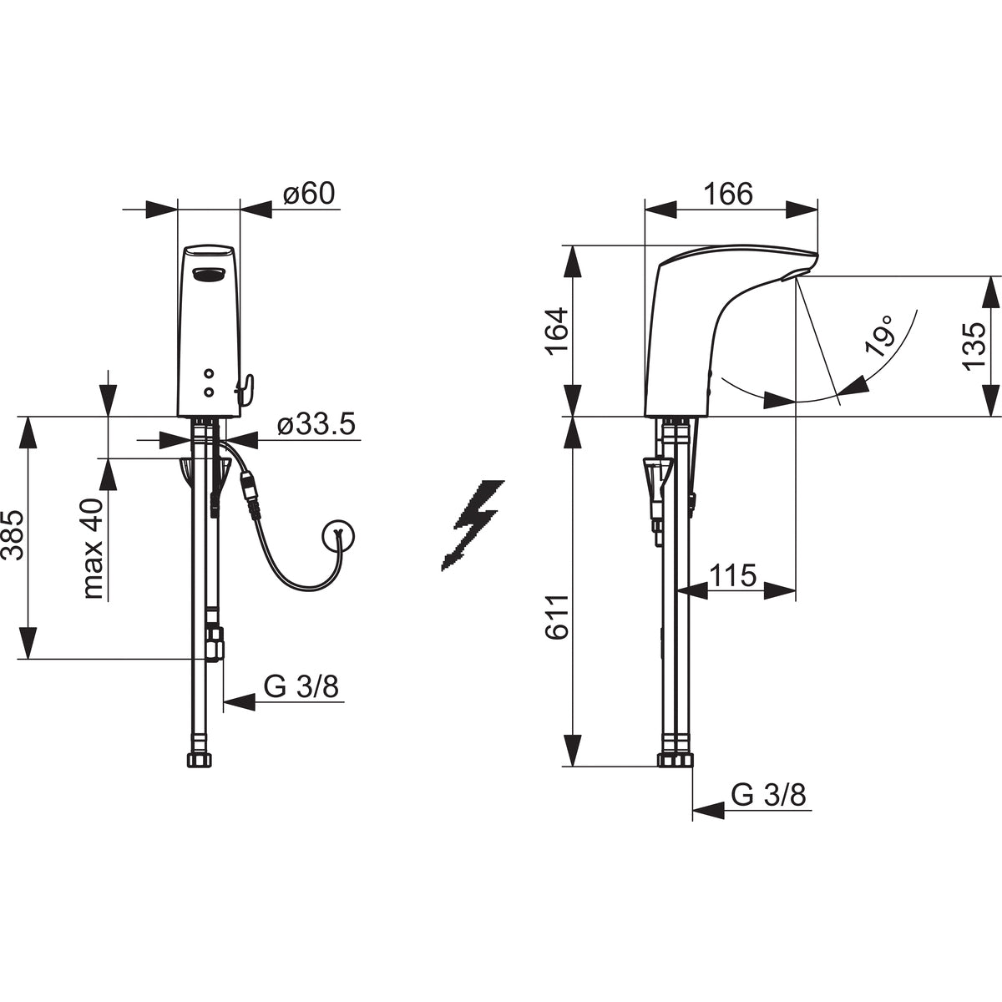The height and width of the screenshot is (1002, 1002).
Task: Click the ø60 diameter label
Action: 309,194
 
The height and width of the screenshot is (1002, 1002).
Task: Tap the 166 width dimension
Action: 728,194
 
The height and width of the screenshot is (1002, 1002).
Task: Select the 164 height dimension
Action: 558,331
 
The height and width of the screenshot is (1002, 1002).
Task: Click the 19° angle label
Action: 879,342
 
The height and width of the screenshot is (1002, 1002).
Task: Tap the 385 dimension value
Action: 13,535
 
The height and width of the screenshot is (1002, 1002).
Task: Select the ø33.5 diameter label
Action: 316,424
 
